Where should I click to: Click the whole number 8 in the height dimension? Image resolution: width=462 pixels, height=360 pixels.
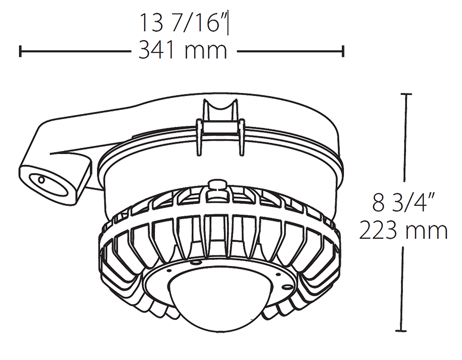click(x=378, y=204)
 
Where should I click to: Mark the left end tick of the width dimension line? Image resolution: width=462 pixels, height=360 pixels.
click(x=20, y=51)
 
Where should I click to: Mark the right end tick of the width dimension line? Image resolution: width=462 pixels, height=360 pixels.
click(x=343, y=51)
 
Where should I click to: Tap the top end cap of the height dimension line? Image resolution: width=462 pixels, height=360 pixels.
click(x=408, y=94)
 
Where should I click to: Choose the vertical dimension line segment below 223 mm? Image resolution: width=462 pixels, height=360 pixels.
click(x=408, y=288)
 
